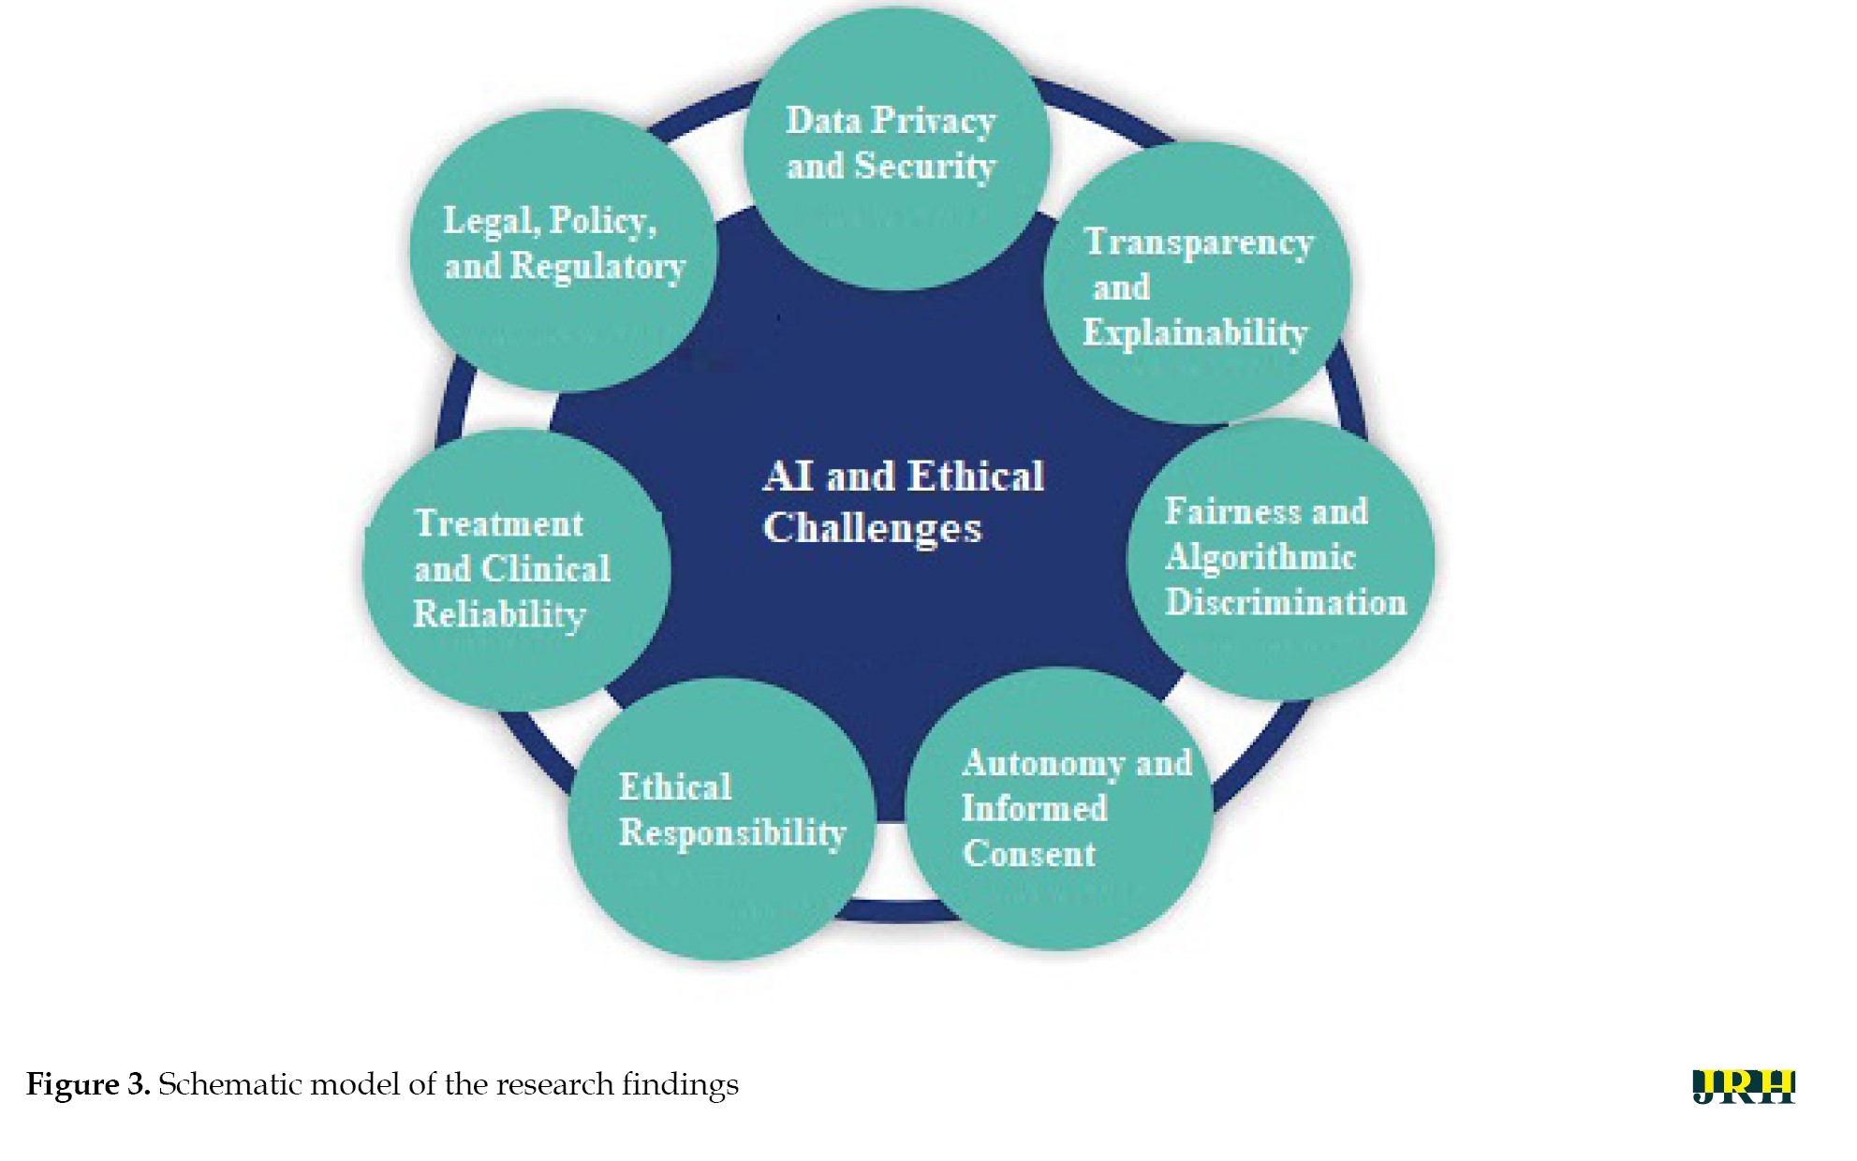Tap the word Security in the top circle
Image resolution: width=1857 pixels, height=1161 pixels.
coord(925,167)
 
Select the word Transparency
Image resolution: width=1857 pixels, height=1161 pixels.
coord(1199,242)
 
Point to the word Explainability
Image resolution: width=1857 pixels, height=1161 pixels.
coord(1195,332)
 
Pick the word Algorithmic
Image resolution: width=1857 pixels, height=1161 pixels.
coord(1260,558)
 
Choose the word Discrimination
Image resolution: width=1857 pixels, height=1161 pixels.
coord(1286,602)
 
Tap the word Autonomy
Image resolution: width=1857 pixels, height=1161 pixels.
coord(1043,764)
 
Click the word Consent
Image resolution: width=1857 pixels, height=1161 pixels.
coord(1029,854)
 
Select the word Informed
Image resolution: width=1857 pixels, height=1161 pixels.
coord(1034,808)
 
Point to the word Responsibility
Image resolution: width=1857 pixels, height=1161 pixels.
coord(732,832)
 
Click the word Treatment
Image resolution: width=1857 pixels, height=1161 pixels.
coord(499,523)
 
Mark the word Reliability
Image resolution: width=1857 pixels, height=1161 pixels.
coord(499,615)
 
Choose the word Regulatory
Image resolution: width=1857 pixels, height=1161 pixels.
coord(597,267)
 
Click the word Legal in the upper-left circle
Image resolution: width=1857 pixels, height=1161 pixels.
coord(491,222)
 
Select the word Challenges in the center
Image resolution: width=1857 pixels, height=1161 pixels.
coord(872,529)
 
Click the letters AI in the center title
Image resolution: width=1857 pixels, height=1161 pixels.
coord(788,477)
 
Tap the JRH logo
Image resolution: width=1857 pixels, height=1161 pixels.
coord(1744,1086)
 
